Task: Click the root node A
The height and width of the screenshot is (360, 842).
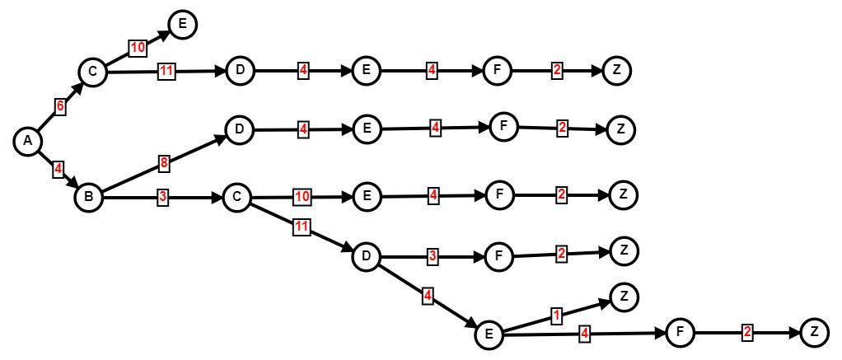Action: click(28, 142)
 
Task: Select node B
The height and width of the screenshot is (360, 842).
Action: click(88, 198)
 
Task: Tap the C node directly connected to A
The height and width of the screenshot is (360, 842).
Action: click(92, 72)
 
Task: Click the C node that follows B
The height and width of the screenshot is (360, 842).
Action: click(236, 198)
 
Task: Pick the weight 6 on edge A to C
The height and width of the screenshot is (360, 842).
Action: click(60, 106)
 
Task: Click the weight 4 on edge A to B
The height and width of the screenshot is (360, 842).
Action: click(58, 170)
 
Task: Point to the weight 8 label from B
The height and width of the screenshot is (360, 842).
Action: click(164, 163)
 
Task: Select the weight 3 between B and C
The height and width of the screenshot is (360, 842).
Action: click(164, 198)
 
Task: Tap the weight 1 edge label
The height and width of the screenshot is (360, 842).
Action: click(556, 316)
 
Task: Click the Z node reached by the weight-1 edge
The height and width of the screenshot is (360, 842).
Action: click(624, 297)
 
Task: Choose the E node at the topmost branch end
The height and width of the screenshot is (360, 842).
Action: click(182, 25)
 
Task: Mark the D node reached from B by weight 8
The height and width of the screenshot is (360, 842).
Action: click(239, 129)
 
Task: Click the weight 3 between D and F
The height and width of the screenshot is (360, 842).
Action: click(433, 256)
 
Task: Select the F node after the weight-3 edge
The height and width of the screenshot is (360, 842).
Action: click(498, 257)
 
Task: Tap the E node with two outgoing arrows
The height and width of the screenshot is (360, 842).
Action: click(489, 334)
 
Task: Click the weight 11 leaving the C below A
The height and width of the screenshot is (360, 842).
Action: click(166, 71)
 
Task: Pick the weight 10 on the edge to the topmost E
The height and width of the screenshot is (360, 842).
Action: click(138, 48)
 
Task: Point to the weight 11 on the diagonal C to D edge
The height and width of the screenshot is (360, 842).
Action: click(302, 227)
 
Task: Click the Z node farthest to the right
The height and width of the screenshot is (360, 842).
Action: click(814, 332)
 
